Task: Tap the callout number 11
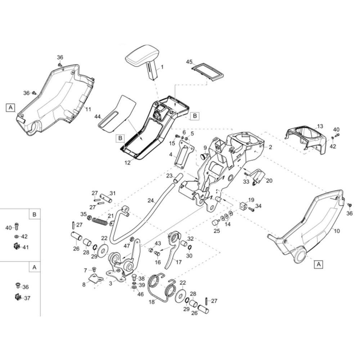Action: point(89,109)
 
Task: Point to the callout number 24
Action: point(150,201)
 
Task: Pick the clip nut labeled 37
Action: point(18,298)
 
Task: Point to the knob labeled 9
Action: point(204,156)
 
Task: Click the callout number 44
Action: point(98,117)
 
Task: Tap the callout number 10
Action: point(337,231)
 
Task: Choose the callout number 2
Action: point(270,147)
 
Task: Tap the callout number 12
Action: point(128,163)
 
